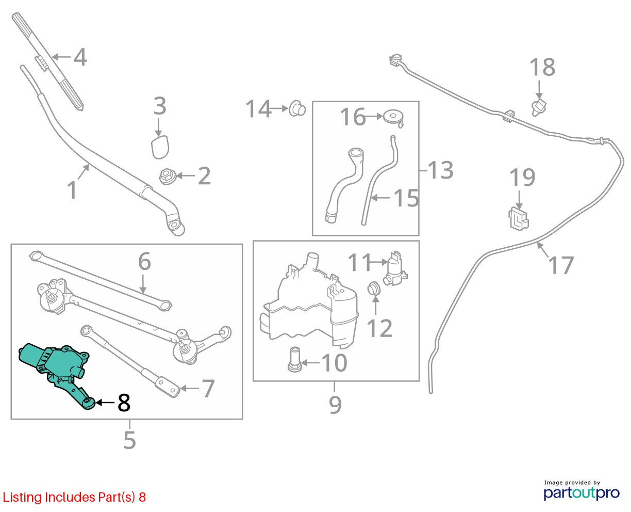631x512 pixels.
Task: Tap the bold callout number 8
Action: pos(124,403)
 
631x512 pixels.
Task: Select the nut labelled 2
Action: pos(168,177)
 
